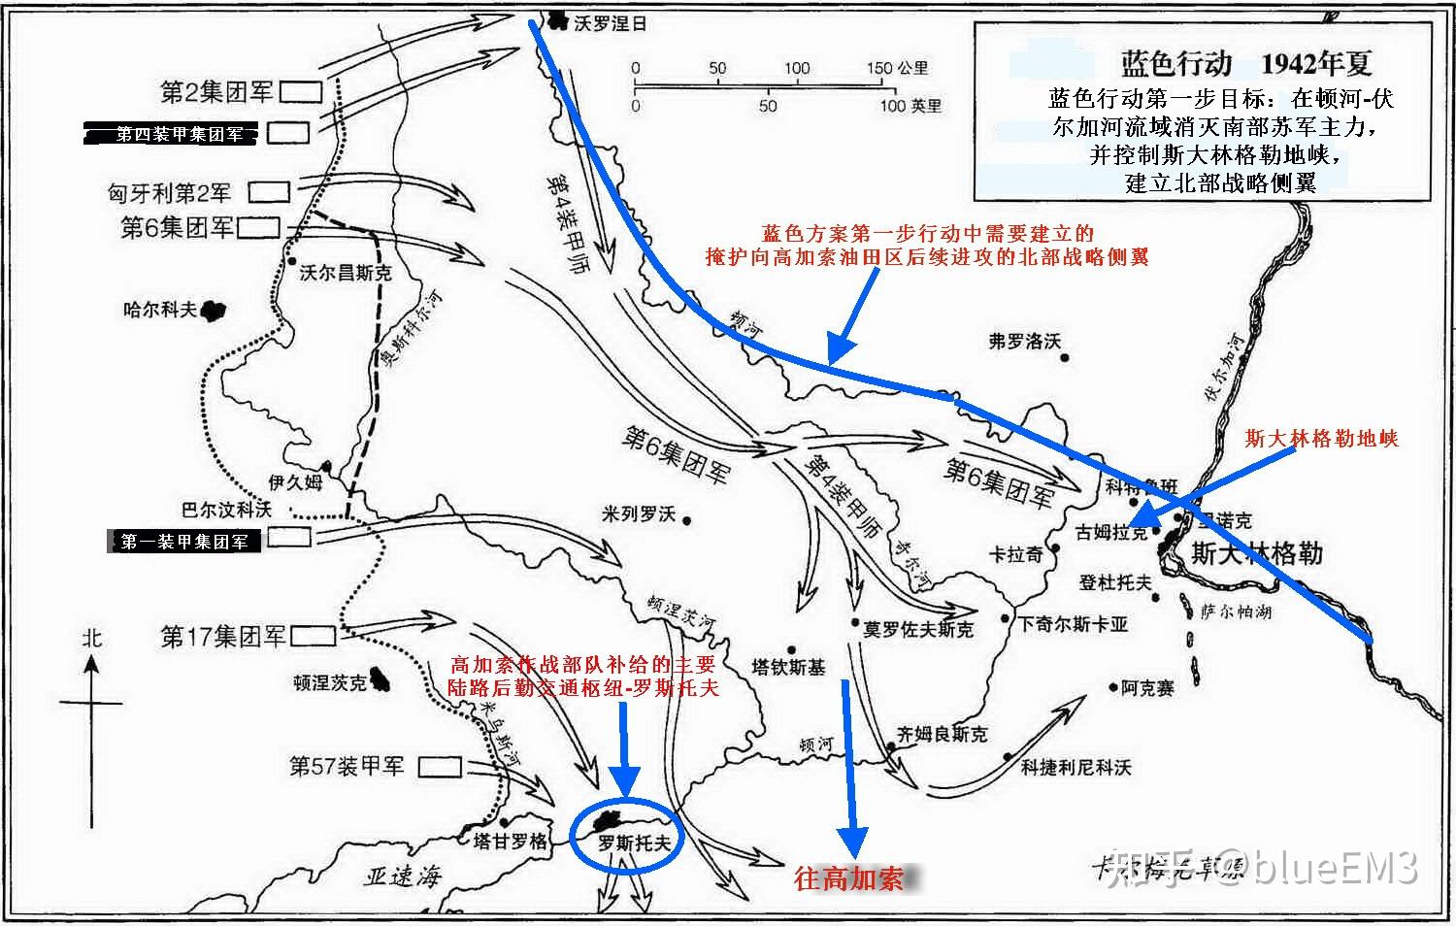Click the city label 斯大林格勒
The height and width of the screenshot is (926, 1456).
[1256, 554]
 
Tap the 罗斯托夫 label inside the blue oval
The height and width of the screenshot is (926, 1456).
[633, 843]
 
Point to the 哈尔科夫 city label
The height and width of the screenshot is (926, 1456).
[160, 310]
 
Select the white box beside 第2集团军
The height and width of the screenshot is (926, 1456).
[301, 92]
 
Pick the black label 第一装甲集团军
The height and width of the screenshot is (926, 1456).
[184, 542]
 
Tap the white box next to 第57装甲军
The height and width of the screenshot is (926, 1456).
[439, 766]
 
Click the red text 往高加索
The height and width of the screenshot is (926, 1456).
[848, 878]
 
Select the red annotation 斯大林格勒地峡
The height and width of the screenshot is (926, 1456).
[1321, 439]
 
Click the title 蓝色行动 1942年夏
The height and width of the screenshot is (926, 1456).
[1246, 64]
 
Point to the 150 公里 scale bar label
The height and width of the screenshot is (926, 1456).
[897, 68]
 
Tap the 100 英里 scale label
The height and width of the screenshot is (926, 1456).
[910, 106]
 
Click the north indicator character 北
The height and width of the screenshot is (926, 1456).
[91, 638]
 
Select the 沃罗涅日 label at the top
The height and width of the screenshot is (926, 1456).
[610, 22]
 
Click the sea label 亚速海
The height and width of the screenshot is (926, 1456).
[402, 876]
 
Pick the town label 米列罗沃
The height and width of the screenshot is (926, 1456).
[638, 513]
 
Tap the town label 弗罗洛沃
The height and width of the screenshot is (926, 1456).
[1024, 341]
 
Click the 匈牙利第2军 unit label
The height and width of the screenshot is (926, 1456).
[169, 192]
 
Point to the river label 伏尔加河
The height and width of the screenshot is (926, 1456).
[1224, 367]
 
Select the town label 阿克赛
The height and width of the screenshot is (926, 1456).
[1146, 688]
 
